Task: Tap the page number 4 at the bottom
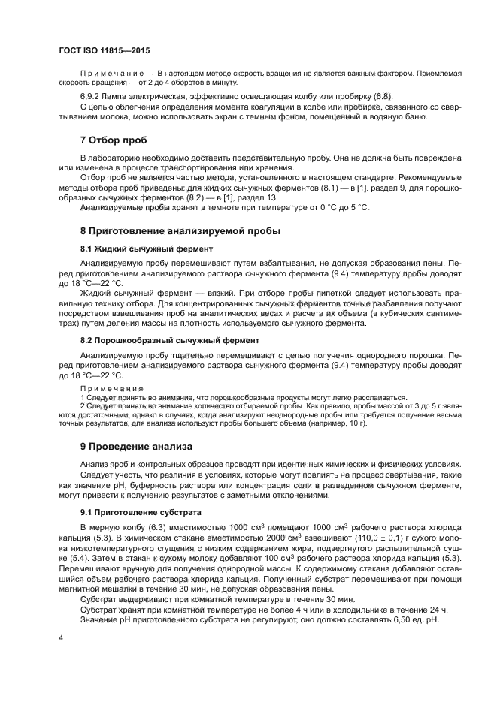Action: pos(60,637)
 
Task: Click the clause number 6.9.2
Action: pos(92,96)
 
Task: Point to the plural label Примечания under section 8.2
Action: pos(111,387)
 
